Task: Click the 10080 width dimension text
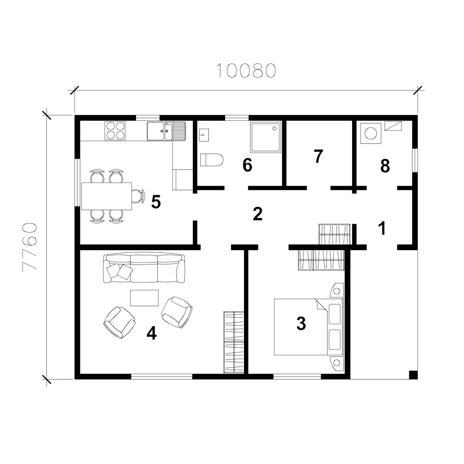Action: [x=246, y=71]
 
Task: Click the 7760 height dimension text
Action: [x=30, y=246]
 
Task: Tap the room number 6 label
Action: [x=247, y=165]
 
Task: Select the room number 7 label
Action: [x=318, y=156]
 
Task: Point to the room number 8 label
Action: [x=385, y=166]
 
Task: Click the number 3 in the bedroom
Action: [x=301, y=323]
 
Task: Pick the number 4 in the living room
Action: [x=152, y=334]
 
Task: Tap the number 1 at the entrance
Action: [x=382, y=228]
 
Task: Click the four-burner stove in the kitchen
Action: [x=115, y=130]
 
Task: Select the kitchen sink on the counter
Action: [x=167, y=131]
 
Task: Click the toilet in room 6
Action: [x=212, y=160]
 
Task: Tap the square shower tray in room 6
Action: [x=266, y=138]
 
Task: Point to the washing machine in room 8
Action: [x=371, y=134]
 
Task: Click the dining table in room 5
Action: [x=107, y=196]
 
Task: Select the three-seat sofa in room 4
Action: [x=144, y=268]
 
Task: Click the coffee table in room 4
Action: [x=144, y=298]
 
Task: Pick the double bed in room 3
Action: [x=309, y=327]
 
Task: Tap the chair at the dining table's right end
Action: [x=138, y=196]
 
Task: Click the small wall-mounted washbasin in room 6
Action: [x=204, y=135]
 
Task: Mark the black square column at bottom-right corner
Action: [x=413, y=374]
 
